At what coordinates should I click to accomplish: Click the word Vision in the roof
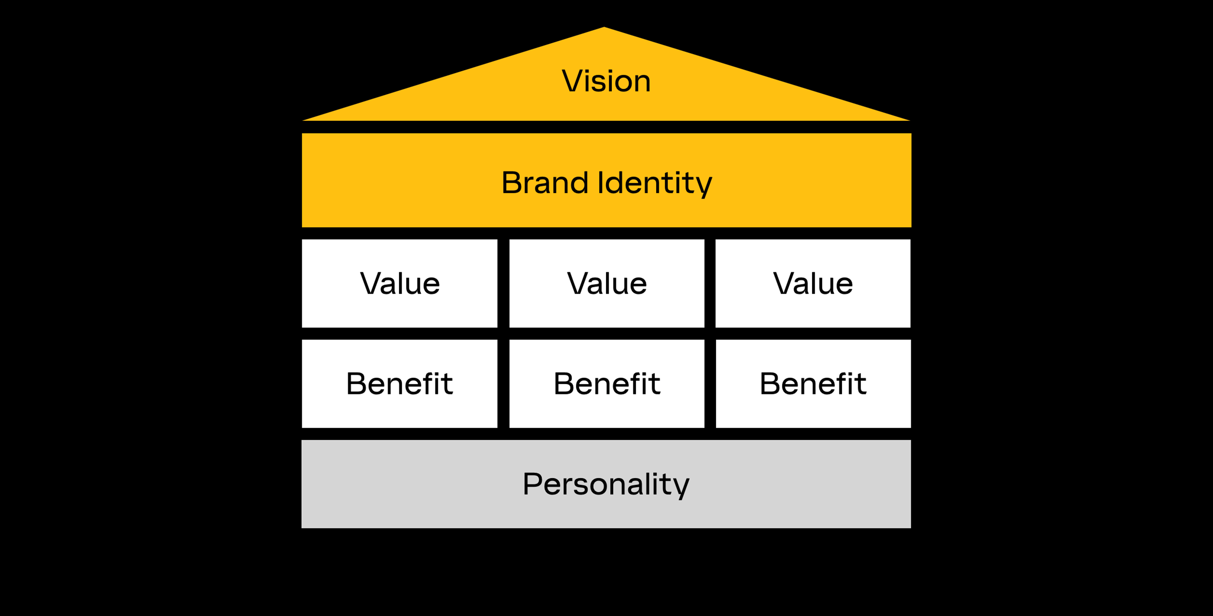[606, 81]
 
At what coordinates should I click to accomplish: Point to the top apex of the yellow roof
[604, 27]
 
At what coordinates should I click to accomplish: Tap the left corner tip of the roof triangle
[303, 120]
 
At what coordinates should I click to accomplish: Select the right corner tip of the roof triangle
[909, 120]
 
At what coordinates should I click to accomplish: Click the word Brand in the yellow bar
[545, 183]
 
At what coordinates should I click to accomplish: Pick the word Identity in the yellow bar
[655, 184]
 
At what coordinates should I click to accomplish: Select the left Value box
[399, 283]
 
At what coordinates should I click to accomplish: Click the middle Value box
[607, 283]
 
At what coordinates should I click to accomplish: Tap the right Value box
[813, 283]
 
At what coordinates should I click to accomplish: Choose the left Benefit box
[399, 384]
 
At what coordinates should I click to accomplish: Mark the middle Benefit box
[607, 384]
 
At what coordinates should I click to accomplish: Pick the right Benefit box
[813, 384]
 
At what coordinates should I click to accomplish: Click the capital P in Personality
[533, 483]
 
